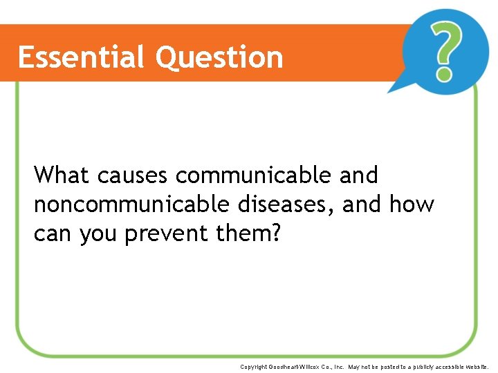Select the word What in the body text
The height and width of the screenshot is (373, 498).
click(x=62, y=175)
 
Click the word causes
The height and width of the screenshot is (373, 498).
click(x=132, y=175)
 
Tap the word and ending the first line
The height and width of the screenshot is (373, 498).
click(x=358, y=175)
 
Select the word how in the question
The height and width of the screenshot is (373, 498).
click(x=412, y=204)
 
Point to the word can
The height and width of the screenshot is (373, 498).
click(x=53, y=234)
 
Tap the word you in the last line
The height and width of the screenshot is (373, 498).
click(x=99, y=235)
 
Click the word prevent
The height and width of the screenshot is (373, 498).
click(x=167, y=234)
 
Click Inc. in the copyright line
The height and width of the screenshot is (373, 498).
click(x=339, y=367)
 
